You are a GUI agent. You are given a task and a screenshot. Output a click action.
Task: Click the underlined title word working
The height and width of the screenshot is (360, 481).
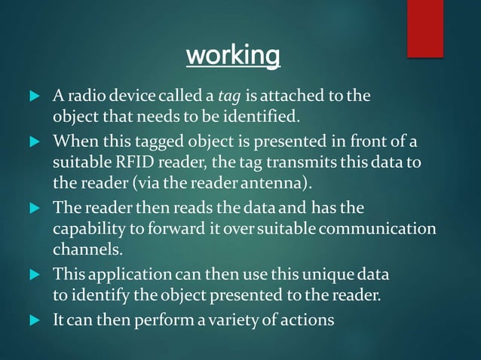click(x=232, y=56)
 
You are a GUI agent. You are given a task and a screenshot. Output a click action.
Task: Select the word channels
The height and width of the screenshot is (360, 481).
click(x=83, y=249)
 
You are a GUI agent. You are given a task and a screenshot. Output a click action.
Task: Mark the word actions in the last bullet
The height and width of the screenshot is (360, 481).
click(x=307, y=320)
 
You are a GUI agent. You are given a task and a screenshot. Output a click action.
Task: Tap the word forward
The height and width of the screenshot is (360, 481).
click(x=175, y=228)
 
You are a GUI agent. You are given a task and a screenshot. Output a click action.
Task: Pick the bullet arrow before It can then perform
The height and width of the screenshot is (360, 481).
click(x=32, y=320)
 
